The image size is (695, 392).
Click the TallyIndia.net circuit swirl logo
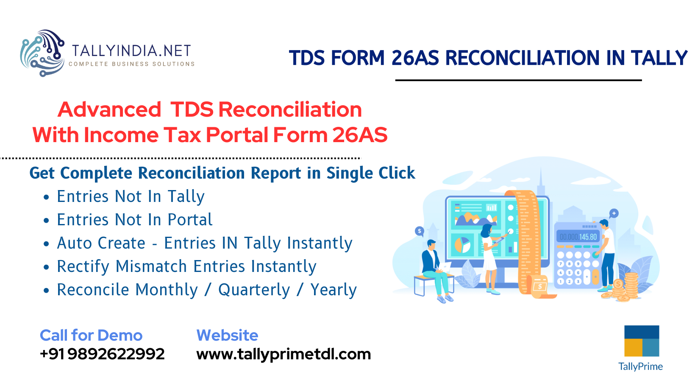[42, 53]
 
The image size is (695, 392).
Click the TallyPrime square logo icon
[642, 341]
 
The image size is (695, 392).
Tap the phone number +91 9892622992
[102, 354]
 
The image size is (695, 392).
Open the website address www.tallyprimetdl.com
[284, 354]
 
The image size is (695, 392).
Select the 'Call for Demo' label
[91, 335]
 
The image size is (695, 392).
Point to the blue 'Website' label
[227, 335]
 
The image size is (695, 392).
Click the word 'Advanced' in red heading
[109, 109]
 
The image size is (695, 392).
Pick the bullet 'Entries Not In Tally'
[131, 196]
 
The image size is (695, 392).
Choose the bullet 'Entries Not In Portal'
[135, 220]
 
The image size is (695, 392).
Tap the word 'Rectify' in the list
[83, 266]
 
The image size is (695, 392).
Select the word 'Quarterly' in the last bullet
[254, 290]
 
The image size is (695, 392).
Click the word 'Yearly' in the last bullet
[334, 290]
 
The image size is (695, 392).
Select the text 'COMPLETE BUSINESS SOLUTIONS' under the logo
[131, 64]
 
